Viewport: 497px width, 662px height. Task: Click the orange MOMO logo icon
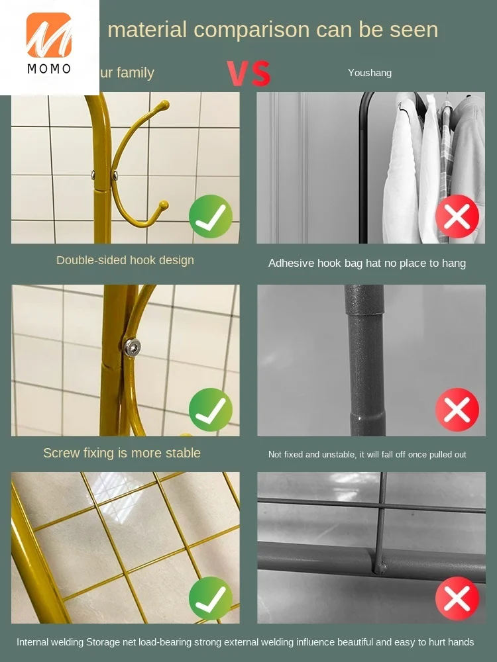pos(49,34)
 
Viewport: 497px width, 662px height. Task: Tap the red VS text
pos(249,73)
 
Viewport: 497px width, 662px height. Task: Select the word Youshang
pos(370,73)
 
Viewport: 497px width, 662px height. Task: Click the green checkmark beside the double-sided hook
pos(211,216)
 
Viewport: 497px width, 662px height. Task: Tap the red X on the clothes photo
pos(457,216)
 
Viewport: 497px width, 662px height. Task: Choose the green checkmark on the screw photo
pos(211,410)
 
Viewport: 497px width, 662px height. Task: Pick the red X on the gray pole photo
pos(457,410)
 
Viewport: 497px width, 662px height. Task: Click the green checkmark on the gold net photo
pos(211,598)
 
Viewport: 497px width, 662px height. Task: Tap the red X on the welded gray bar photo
pos(457,598)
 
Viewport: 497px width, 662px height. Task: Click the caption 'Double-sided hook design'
pos(125,260)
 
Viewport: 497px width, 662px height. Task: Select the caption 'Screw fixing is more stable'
pos(122,453)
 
